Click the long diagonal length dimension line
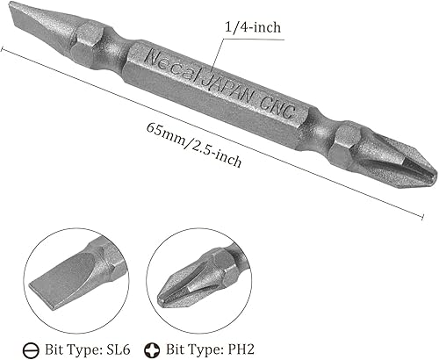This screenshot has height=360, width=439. click(219, 132)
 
